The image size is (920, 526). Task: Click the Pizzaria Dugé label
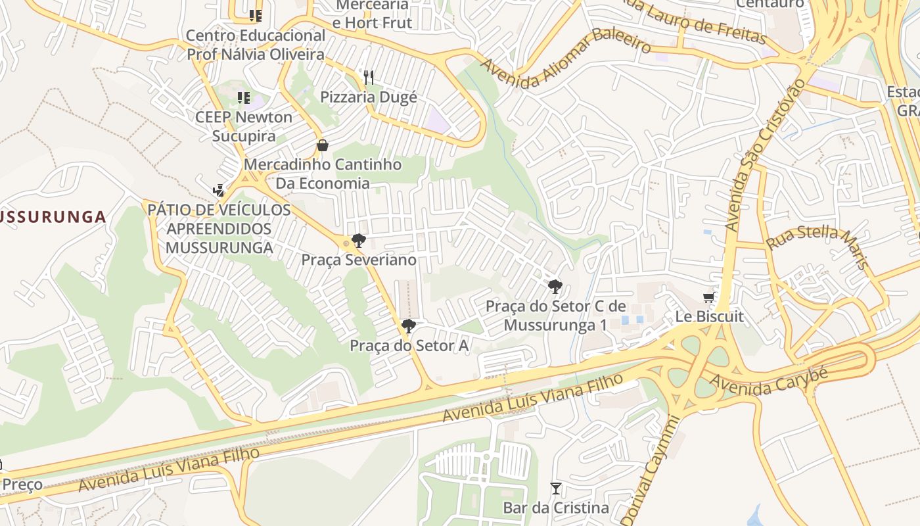(x=368, y=97)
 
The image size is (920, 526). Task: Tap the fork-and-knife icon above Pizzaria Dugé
(x=369, y=78)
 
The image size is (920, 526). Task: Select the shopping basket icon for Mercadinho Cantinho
(x=322, y=145)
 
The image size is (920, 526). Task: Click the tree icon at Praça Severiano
(x=358, y=241)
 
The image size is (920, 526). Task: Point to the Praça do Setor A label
(x=409, y=346)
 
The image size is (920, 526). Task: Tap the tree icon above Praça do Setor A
(x=409, y=326)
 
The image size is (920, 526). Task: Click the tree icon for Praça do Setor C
(x=555, y=287)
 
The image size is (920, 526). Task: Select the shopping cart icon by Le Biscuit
(x=708, y=298)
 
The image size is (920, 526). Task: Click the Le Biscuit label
(x=709, y=316)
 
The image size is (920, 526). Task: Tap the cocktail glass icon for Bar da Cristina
(x=556, y=489)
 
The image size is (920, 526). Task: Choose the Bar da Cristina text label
(x=556, y=508)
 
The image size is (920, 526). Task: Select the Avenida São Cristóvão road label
(x=765, y=156)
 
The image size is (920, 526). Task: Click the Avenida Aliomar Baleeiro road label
(x=566, y=57)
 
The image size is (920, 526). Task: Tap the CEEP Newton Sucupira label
(x=244, y=126)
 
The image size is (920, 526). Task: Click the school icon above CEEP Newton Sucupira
(x=244, y=99)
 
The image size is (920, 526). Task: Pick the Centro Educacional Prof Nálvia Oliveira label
(x=256, y=45)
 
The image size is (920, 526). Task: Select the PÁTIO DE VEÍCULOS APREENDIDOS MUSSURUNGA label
(x=219, y=229)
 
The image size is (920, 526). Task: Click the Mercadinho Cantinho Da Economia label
(x=322, y=174)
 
